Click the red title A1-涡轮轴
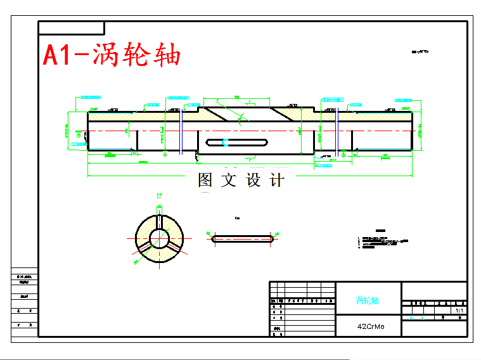[112, 55]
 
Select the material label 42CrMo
[370, 326]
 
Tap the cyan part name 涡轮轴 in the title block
[367, 300]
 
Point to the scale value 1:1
[459, 311]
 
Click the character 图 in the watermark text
[205, 180]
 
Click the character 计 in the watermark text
[277, 180]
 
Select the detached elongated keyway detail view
[242, 238]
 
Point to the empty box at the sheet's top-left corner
[71, 27]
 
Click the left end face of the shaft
[88, 131]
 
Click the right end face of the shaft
[412, 131]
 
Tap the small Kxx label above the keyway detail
[237, 218]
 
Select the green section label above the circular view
[159, 196]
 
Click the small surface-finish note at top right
[420, 51]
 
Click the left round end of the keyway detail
[213, 238]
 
